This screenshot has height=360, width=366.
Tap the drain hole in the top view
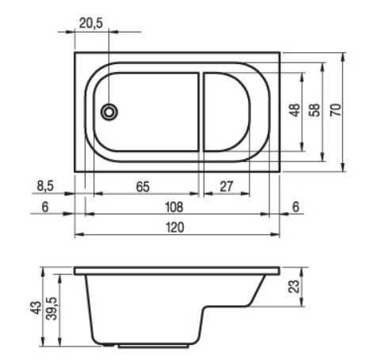[x=109, y=112]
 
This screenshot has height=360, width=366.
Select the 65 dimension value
[x=143, y=187]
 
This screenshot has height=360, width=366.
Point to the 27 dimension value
[x=227, y=187]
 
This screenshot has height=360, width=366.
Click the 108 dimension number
[x=174, y=207]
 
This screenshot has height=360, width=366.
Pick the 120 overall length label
[x=175, y=227]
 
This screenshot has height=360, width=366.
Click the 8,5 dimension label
[x=45, y=186]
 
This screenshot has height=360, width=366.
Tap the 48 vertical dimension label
[x=295, y=110]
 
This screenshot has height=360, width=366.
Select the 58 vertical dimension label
[x=315, y=110]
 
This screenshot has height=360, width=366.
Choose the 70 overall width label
[x=336, y=110]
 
